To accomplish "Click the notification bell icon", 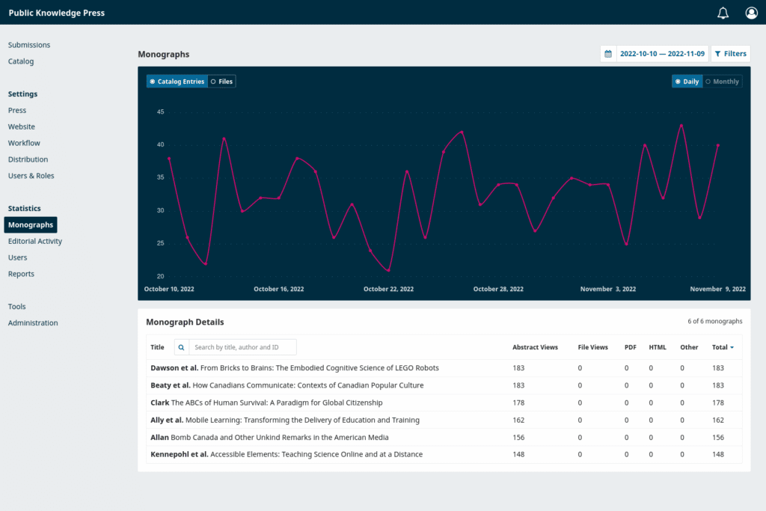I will (x=723, y=13).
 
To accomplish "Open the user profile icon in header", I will (x=751, y=13).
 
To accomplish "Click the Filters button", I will (x=730, y=54).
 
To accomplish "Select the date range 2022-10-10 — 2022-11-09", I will (x=661, y=54).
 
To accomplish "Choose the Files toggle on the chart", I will (x=221, y=82).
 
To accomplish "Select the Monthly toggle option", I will (x=722, y=82).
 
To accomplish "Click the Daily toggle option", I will (x=687, y=82).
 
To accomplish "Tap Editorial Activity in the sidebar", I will (x=35, y=241).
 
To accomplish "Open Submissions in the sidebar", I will (x=29, y=45).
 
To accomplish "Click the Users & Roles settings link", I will (x=31, y=176).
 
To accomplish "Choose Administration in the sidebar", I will (x=33, y=323).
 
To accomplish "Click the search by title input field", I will (x=242, y=347).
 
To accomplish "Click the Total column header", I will (x=722, y=347).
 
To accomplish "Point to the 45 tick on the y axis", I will (x=160, y=112).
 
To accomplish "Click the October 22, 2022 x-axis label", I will (x=388, y=289).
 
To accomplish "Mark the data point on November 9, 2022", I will (x=718, y=145).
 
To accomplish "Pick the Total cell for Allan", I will (x=717, y=437).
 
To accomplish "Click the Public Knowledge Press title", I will (x=57, y=13).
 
